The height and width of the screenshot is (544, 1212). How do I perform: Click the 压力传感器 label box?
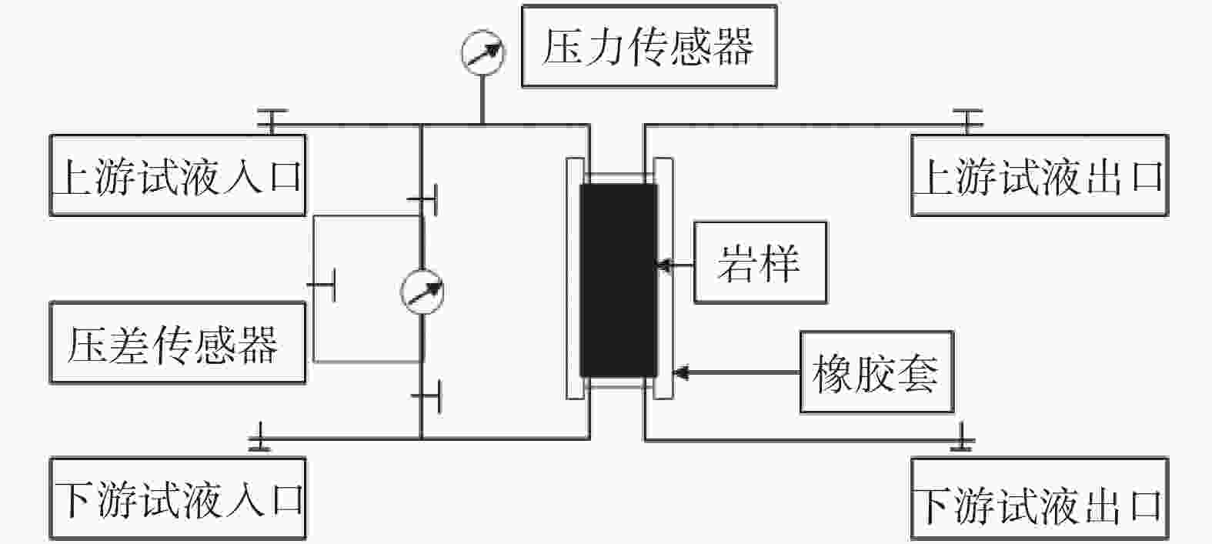coord(648,46)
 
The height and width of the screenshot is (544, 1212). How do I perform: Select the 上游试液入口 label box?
coord(177,175)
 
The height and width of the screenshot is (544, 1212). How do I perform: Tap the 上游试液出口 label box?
coord(1039,175)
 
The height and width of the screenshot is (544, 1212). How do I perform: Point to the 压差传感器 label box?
coord(177,343)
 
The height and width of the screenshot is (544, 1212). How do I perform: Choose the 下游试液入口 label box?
coord(177,499)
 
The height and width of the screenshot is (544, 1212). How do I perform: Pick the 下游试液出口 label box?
coord(1039,499)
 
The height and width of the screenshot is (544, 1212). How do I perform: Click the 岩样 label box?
coord(760,262)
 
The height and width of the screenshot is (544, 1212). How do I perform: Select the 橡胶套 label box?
coord(876,372)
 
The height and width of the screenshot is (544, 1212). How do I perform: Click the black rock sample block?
coord(618,280)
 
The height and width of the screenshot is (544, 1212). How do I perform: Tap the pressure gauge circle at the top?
coord(482,51)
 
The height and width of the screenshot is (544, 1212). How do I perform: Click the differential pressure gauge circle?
coord(422,292)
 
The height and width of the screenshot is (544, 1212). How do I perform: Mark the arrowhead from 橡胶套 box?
coord(679,373)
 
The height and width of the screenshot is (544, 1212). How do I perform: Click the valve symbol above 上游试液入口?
coord(271,119)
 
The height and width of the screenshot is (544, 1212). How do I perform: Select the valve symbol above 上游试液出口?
coord(967,119)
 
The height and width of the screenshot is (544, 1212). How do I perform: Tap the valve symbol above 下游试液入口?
coord(260,437)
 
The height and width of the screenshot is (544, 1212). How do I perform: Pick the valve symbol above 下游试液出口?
coord(962,438)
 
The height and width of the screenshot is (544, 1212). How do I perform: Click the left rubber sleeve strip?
coord(574,279)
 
